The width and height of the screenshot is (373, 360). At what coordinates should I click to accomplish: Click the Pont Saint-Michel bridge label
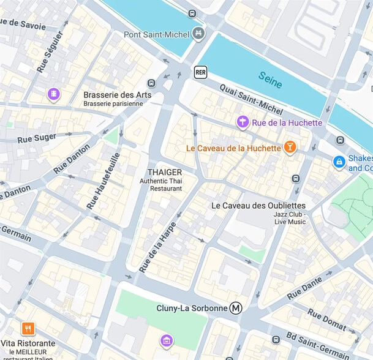157,34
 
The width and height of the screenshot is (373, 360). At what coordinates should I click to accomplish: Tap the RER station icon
200,72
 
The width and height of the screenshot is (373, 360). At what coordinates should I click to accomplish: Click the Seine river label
270,80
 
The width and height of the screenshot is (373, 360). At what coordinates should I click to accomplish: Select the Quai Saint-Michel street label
251,100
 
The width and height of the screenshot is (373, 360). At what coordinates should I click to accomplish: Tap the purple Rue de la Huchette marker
243,122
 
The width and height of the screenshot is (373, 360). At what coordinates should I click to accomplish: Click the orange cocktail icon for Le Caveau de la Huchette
290,147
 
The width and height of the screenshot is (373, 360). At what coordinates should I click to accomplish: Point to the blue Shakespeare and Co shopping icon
338,162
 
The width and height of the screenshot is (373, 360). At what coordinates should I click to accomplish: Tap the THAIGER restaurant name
165,172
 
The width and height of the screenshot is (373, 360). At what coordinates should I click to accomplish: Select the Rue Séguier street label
50,52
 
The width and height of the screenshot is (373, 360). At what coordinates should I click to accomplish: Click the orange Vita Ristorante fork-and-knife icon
28,329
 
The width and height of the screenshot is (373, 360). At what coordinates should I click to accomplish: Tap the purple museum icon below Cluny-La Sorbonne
165,340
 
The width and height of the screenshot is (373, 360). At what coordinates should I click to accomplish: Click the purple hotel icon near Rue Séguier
54,94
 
